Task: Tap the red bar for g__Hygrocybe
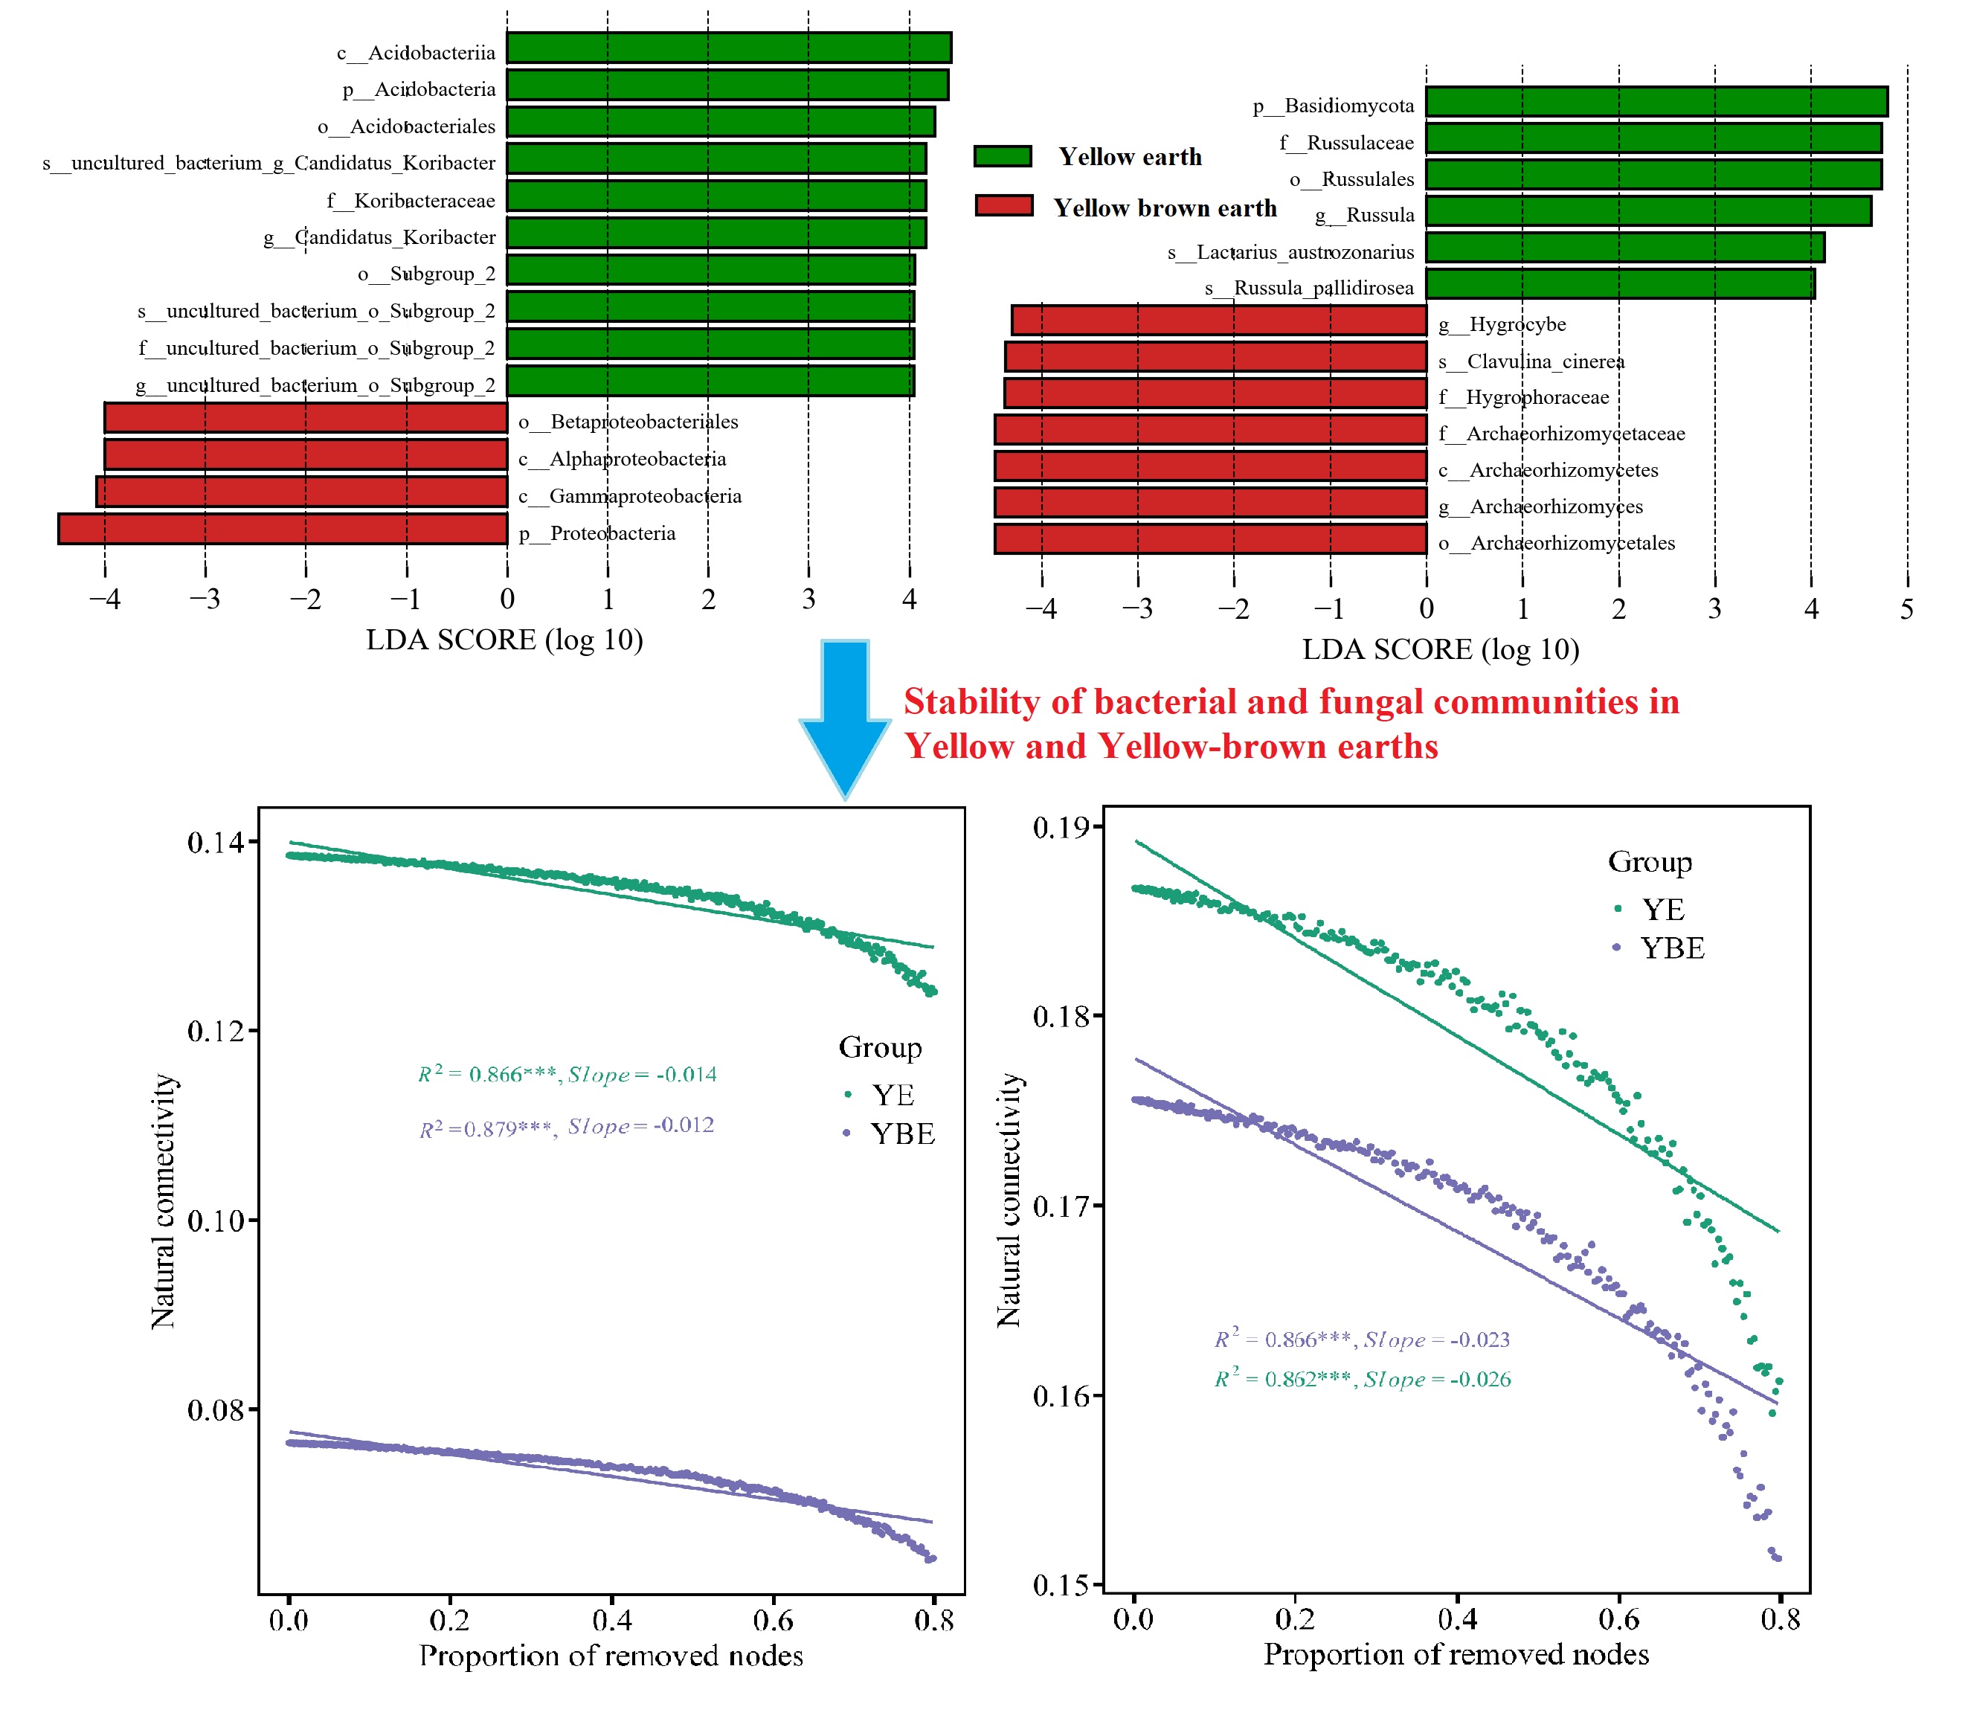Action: tap(1218, 321)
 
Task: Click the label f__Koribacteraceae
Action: tap(411, 200)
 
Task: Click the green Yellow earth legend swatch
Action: tap(1003, 156)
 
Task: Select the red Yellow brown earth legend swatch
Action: tap(1003, 206)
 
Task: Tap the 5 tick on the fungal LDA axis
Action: tap(1906, 609)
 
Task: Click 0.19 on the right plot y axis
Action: tap(1061, 828)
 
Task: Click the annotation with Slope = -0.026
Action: tap(1363, 1379)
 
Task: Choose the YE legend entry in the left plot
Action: tap(892, 1096)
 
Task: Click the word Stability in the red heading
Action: tap(971, 702)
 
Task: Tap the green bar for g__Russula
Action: tap(1647, 210)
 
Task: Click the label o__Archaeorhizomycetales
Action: tap(1556, 543)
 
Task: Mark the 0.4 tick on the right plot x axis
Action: tap(1457, 1619)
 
